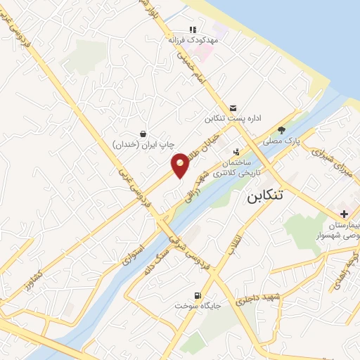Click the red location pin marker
point(181,165)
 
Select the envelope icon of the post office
point(233,107)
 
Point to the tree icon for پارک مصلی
point(282,129)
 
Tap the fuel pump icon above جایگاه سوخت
point(198,295)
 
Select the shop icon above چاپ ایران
point(143,133)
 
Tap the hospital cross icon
point(343,214)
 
